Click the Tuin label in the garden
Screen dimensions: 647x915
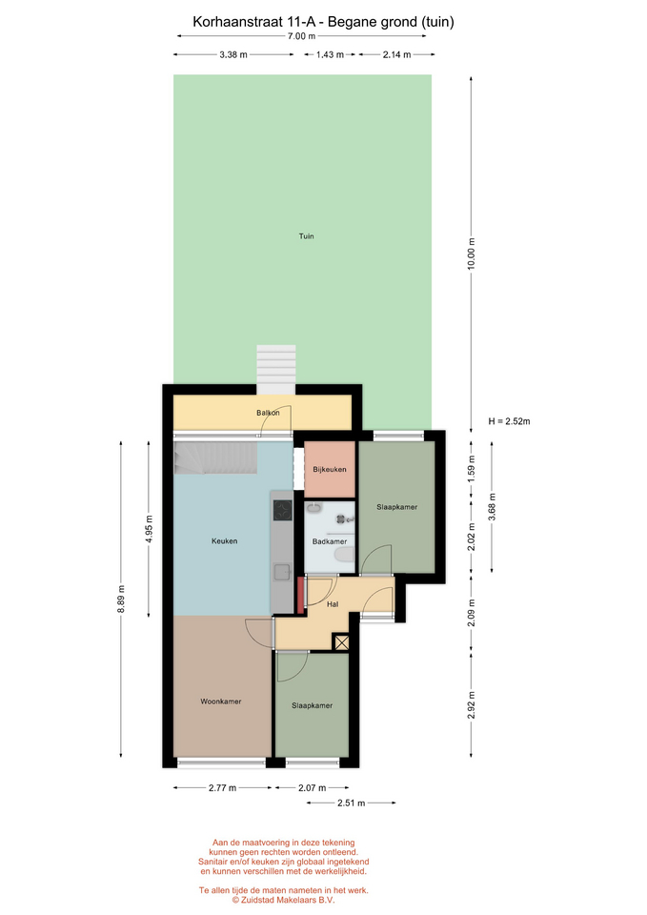[306, 236]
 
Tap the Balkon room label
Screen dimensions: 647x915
[268, 413]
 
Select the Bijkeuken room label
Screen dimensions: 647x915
[330, 469]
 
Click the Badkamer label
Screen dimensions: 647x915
[330, 541]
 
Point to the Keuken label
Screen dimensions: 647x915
[225, 541]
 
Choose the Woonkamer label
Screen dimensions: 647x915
[220, 701]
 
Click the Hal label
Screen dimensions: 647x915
[333, 604]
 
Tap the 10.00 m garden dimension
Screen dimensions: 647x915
[472, 254]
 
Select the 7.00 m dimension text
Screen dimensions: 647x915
[301, 36]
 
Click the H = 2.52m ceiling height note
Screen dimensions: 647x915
[510, 421]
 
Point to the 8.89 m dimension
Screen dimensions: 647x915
[121, 599]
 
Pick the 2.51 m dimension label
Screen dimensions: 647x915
[352, 803]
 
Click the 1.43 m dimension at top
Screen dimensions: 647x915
[330, 55]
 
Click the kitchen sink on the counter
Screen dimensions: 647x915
[283, 572]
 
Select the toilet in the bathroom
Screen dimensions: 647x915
[345, 555]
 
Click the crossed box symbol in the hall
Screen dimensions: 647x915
[341, 642]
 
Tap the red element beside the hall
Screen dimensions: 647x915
[301, 595]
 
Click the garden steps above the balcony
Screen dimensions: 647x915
[276, 370]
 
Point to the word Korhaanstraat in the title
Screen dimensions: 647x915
[238, 22]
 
